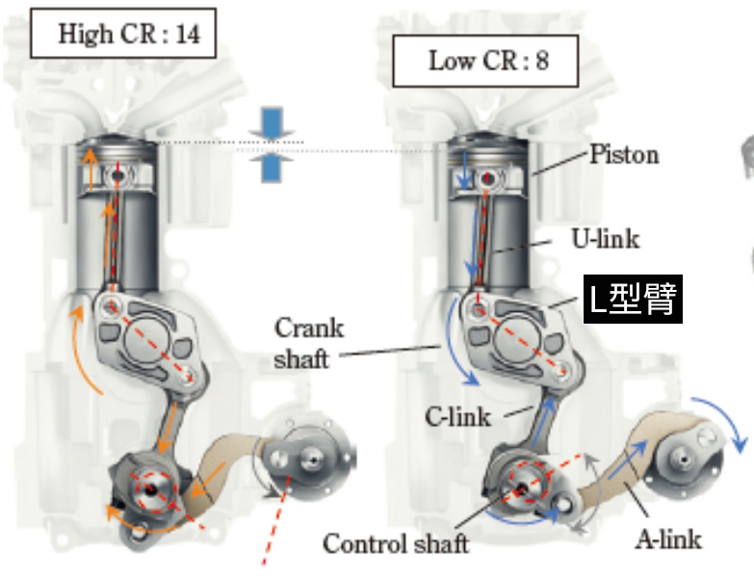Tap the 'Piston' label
pyautogui.click(x=624, y=155)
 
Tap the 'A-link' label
pyautogui.click(x=667, y=537)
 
